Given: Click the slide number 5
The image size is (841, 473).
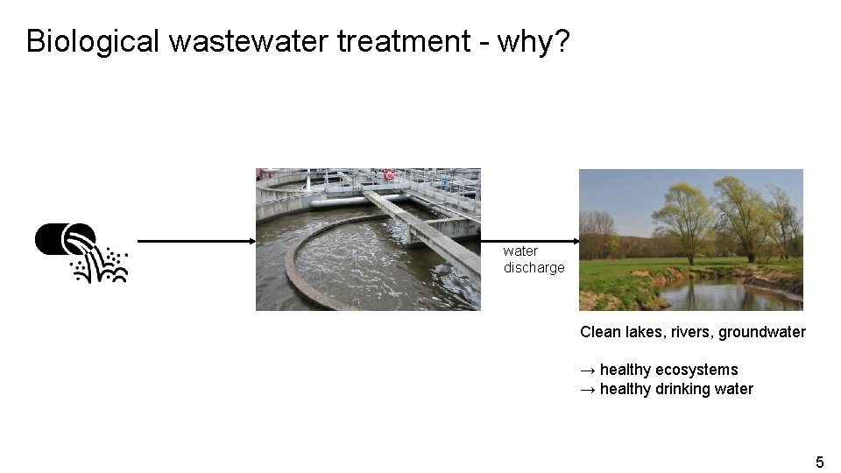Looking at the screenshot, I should coord(820,462).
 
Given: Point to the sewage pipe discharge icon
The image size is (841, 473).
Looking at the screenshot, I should coord(81,252).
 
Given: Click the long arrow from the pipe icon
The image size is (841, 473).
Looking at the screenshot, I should coord(196,240).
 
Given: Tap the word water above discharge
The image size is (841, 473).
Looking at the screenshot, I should coord(520,251).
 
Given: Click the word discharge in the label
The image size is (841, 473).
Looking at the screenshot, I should coord(534,268).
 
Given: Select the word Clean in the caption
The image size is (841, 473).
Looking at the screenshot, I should coord(600,332).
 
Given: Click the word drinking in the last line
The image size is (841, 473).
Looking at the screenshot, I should coord(683,389).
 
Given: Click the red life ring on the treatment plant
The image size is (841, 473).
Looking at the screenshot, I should coord(389,175).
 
